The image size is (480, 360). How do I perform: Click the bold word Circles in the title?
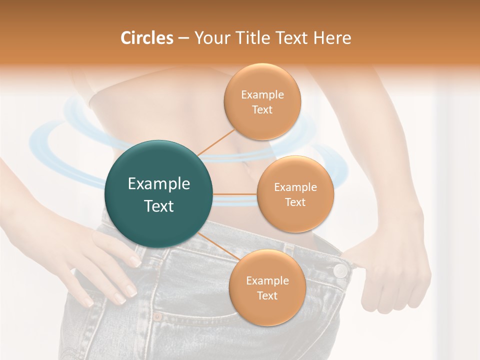146,38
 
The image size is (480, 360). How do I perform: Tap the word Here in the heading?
332,38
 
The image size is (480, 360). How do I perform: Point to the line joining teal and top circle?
216,142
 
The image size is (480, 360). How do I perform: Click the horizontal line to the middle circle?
235,194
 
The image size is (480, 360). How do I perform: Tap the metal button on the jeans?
340,270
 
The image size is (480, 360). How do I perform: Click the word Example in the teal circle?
158,183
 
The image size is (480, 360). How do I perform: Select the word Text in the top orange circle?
262,110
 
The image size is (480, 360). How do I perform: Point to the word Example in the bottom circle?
267,280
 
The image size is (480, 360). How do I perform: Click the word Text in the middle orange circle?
295,202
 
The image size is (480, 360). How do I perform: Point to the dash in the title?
183,38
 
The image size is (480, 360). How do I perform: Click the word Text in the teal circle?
158,206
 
